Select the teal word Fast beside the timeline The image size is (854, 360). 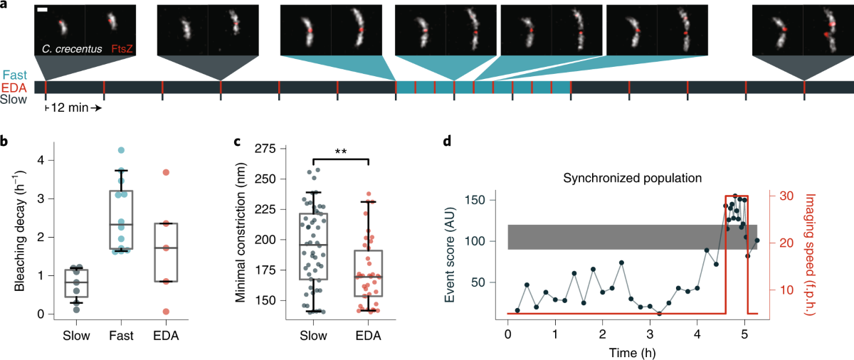coord(14,75)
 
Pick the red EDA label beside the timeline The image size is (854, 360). coord(14,88)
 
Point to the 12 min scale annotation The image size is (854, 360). coord(73,107)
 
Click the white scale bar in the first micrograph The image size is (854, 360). coord(43,10)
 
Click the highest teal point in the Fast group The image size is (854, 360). coord(121,150)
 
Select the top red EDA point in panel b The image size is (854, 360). coord(165,172)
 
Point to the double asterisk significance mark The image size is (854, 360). coord(340,152)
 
